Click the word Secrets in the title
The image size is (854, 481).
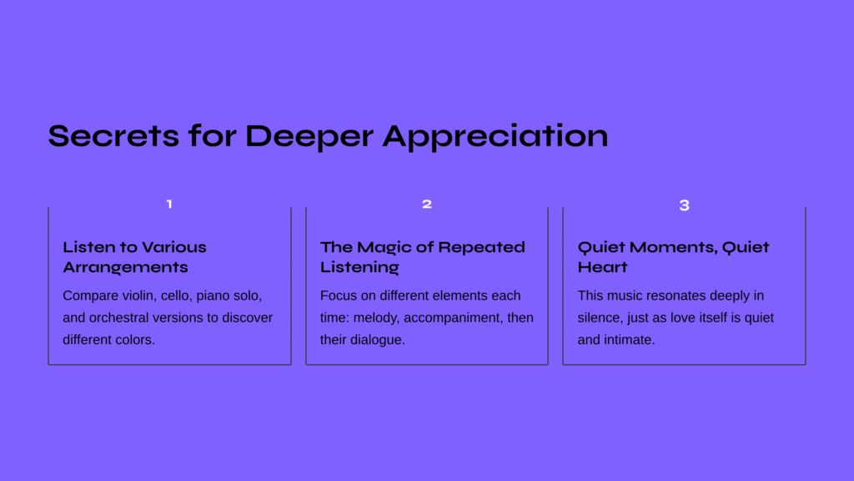[x=113, y=136]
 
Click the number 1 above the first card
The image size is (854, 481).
[x=169, y=204]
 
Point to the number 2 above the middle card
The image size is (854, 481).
[x=427, y=204]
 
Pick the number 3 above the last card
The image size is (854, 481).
[x=685, y=205]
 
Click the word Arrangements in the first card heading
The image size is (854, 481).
[x=125, y=267]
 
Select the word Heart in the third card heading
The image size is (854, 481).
[x=602, y=267]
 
